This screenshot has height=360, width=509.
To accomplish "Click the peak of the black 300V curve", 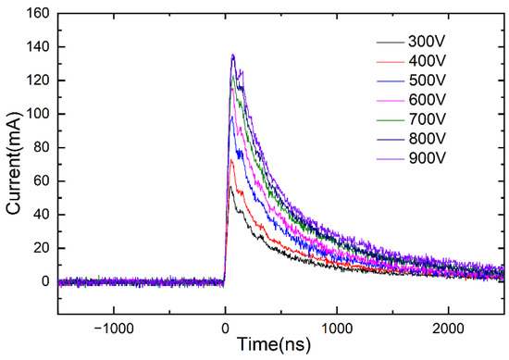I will tap(230, 187).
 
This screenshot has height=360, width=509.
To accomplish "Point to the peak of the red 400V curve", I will tap(231, 160).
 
